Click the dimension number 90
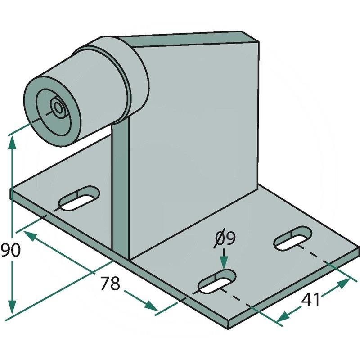pos(10,250)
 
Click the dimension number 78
pos(110,283)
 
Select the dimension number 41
pos(310,300)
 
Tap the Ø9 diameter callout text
pos(225,238)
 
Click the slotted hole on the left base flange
pos(80,198)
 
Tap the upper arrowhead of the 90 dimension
pos(12,144)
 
